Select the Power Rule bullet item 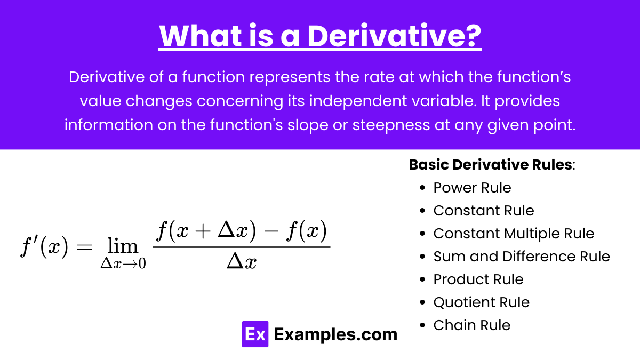coord(472,188)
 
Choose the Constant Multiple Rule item coord(514,234)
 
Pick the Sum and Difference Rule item coord(522,257)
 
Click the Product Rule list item coord(478,279)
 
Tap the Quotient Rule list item coord(482,302)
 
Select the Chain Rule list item coord(471,325)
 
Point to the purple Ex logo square coord(255,334)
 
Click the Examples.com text coord(335,334)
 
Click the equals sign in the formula coord(85,247)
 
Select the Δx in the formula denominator coord(242,261)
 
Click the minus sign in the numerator coord(271,231)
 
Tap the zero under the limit coord(142,263)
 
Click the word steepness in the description coord(391,125)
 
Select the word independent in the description coord(358,101)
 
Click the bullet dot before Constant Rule coord(422,211)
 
